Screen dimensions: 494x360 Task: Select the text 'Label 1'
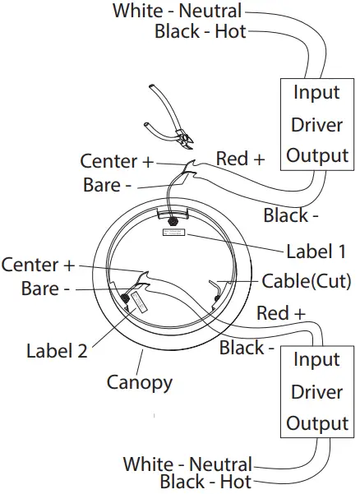click(x=316, y=251)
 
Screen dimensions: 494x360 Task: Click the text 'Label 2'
click(x=57, y=351)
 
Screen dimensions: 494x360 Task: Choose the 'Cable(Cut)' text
click(x=306, y=281)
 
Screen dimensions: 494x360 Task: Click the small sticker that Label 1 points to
click(x=174, y=234)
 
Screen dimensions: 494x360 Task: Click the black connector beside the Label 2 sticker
click(x=126, y=297)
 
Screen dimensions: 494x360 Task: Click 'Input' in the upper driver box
click(x=316, y=92)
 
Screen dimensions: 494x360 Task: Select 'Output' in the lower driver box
click(x=316, y=424)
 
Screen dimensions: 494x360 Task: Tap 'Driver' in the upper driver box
click(x=316, y=124)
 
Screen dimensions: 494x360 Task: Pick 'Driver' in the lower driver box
click(x=316, y=392)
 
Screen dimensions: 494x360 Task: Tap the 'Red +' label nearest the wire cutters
click(x=240, y=159)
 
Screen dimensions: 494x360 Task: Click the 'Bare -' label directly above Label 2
click(x=40, y=289)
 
